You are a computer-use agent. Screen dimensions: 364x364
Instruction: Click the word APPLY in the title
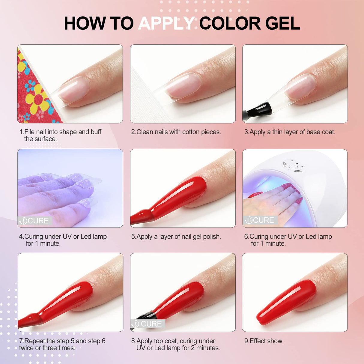[166, 23]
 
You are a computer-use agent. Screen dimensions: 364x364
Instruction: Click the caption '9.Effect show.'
[264, 341]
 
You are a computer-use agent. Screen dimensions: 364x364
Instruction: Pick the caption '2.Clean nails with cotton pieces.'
[176, 132]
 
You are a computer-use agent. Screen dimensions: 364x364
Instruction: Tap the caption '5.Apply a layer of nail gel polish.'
[176, 237]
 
